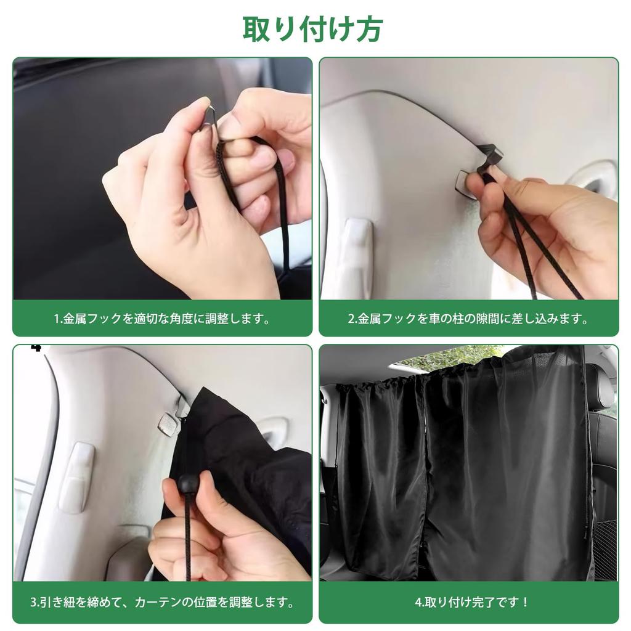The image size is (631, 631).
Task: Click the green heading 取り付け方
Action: pyautogui.click(x=312, y=29)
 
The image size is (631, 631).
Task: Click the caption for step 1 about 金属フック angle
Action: pyautogui.click(x=162, y=319)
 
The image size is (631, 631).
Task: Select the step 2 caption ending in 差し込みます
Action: pyautogui.click(x=468, y=319)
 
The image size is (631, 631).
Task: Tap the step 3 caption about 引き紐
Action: pyautogui.click(x=162, y=603)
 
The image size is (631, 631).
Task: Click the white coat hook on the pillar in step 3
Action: pyautogui.click(x=76, y=476)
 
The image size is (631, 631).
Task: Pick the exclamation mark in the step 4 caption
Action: pyautogui.click(x=525, y=603)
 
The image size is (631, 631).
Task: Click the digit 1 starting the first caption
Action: pyautogui.click(x=57, y=319)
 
